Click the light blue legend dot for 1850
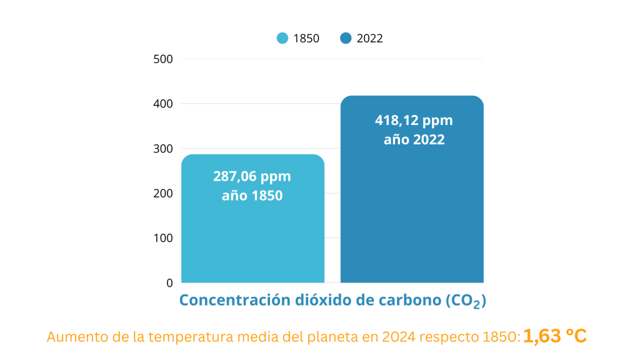click(x=282, y=38)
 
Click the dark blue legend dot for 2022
click(x=346, y=38)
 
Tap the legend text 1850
click(x=306, y=38)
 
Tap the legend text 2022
click(x=369, y=38)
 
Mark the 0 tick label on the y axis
click(x=169, y=283)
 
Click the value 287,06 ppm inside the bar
click(x=252, y=176)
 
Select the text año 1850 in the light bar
click(x=252, y=196)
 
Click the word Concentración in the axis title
click(x=234, y=301)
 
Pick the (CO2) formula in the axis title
click(x=466, y=301)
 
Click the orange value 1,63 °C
click(x=554, y=336)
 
